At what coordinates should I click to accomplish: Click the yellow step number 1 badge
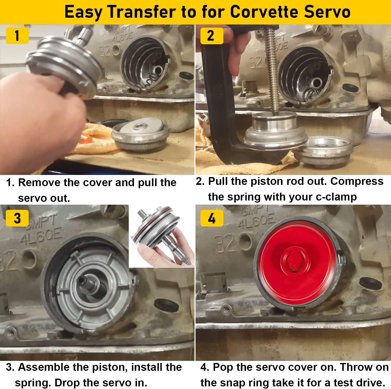click(17, 36)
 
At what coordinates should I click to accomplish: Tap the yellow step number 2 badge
click(211, 36)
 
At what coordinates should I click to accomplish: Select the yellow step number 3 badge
click(17, 218)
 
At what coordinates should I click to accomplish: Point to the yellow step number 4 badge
click(211, 218)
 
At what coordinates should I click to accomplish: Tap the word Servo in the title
click(327, 12)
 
